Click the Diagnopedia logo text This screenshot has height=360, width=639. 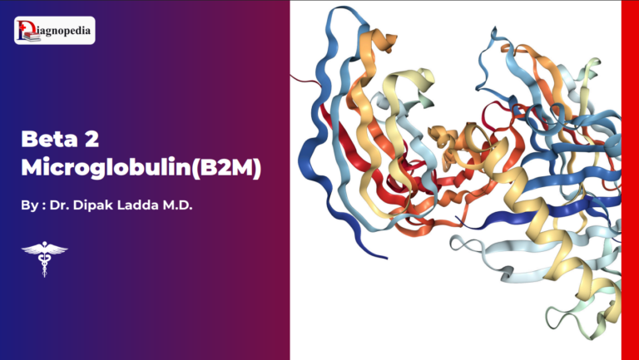coord(64,32)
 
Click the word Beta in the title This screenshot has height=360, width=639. coord(50,138)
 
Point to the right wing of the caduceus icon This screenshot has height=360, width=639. coord(57,247)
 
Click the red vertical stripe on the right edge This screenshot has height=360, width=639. coord(630,180)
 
